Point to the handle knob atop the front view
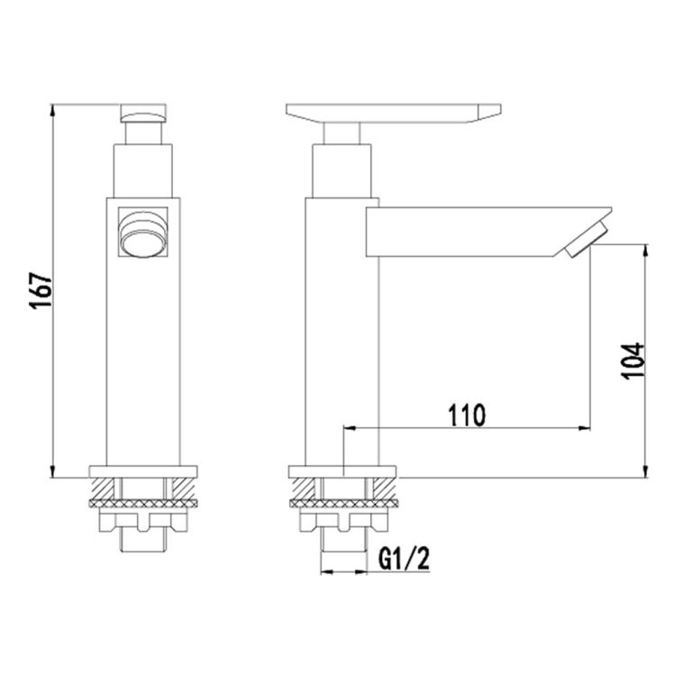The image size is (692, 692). (144, 114)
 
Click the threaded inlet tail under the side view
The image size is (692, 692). (343, 541)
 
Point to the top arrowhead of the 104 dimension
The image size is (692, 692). (645, 246)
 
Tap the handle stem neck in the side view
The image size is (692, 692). (343, 133)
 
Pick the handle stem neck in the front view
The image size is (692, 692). (144, 132)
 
